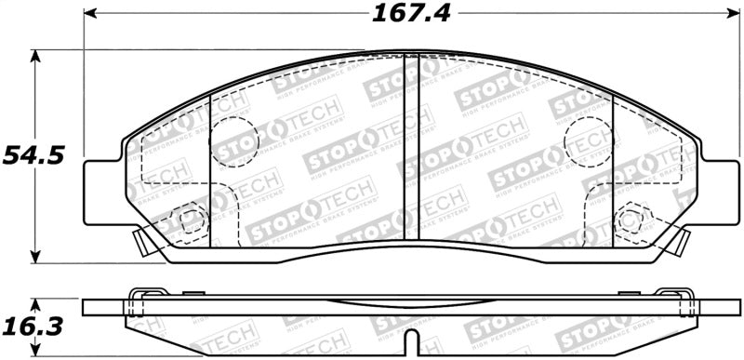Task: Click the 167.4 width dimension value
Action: [x=406, y=15]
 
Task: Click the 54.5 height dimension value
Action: [x=33, y=155]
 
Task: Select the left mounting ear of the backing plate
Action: [x=103, y=193]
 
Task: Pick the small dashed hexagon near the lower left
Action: [x=193, y=220]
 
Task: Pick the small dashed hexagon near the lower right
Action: [x=630, y=220]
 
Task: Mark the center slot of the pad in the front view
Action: [x=411, y=149]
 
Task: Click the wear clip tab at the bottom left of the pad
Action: [x=142, y=245]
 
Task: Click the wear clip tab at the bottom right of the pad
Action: [x=679, y=245]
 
